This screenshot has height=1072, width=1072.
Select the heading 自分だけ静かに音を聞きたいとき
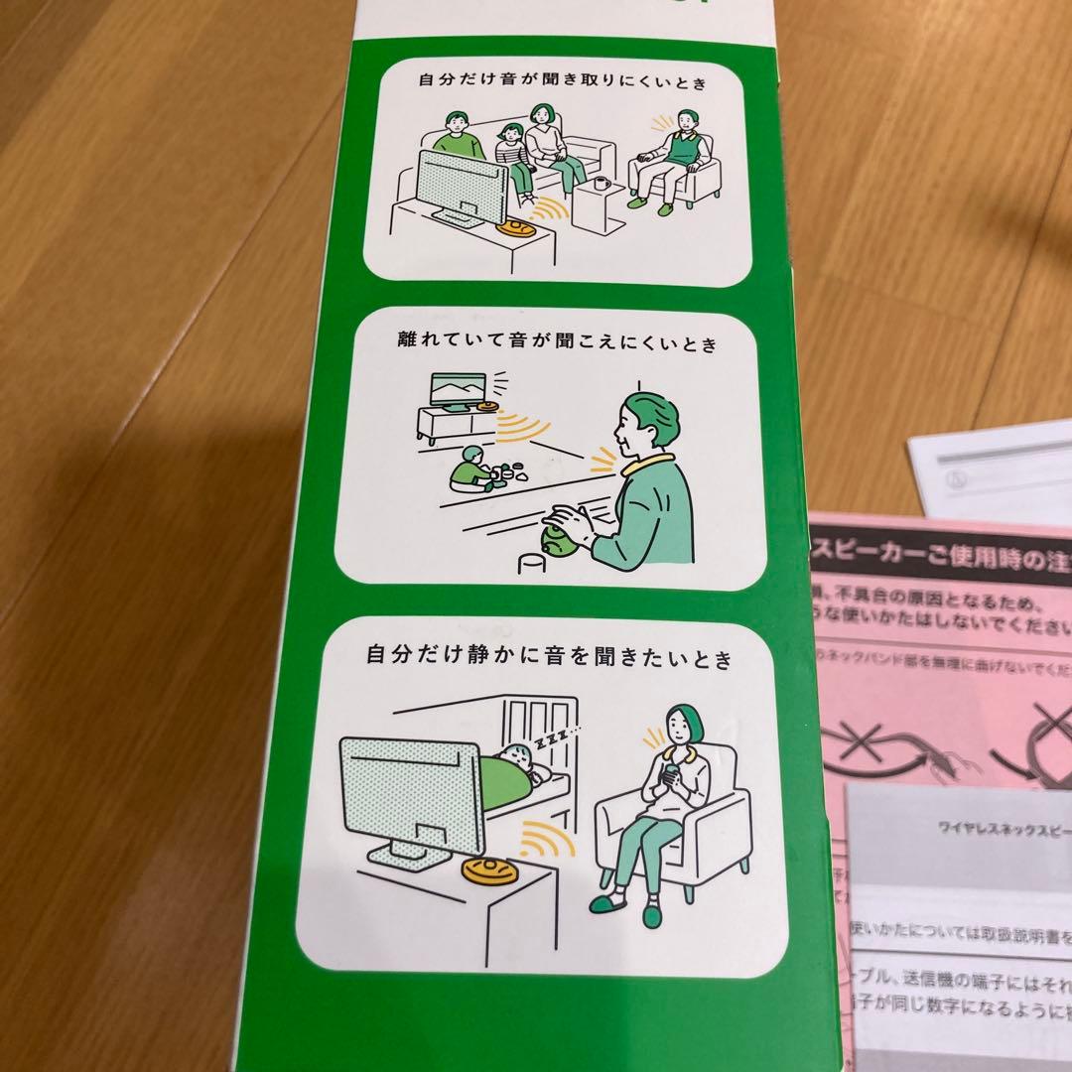point(549,657)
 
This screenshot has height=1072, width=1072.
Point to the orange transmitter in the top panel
point(518,228)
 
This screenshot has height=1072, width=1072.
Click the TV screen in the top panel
point(460,187)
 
